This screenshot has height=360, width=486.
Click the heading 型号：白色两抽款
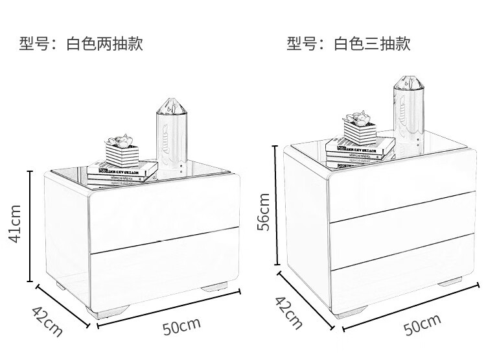[81, 43]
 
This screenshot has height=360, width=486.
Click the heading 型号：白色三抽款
[349, 43]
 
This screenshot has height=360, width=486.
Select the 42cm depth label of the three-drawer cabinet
[288, 312]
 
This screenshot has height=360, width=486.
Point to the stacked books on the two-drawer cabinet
[123, 172]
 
